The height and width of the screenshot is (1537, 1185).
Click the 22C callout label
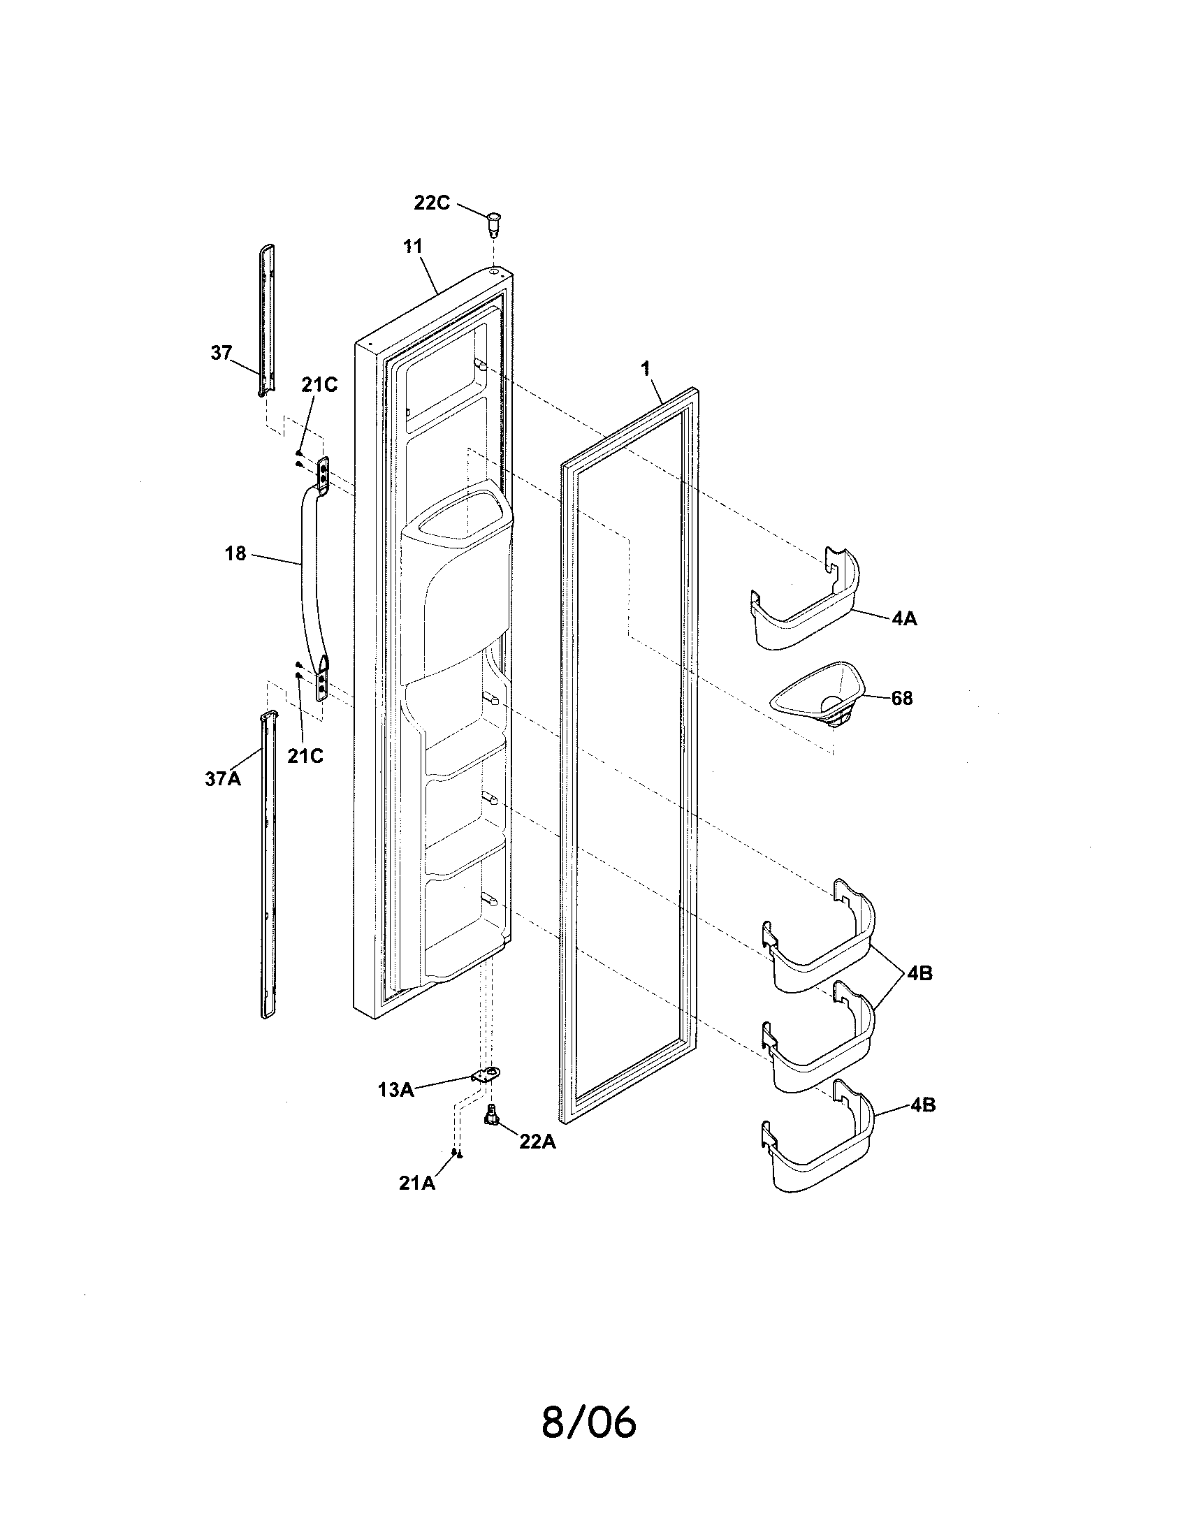pyautogui.click(x=431, y=203)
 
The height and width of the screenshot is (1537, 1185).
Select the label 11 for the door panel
pyautogui.click(x=412, y=247)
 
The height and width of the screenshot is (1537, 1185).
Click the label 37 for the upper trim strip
pyautogui.click(x=221, y=353)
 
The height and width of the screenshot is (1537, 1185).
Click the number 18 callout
pyautogui.click(x=235, y=554)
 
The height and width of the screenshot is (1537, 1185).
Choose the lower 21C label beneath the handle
pyautogui.click(x=305, y=756)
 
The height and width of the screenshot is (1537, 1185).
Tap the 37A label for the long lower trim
pyautogui.click(x=223, y=779)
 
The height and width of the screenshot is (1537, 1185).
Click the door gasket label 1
pyautogui.click(x=646, y=369)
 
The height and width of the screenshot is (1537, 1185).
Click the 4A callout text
pyautogui.click(x=904, y=618)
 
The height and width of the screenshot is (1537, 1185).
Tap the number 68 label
pyautogui.click(x=901, y=698)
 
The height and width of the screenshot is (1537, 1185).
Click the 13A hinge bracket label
pyautogui.click(x=395, y=1089)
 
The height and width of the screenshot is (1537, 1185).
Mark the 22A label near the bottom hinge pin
pyautogui.click(x=537, y=1142)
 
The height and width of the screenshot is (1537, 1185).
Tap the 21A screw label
pyautogui.click(x=417, y=1183)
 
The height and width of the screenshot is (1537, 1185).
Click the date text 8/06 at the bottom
pyautogui.click(x=588, y=1422)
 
